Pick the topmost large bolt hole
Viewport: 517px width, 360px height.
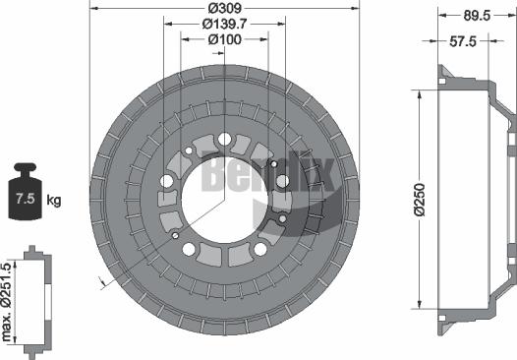pos(226,139)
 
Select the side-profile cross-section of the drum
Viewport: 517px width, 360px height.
pos(476,203)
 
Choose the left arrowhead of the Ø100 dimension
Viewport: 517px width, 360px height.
pos(184,39)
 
